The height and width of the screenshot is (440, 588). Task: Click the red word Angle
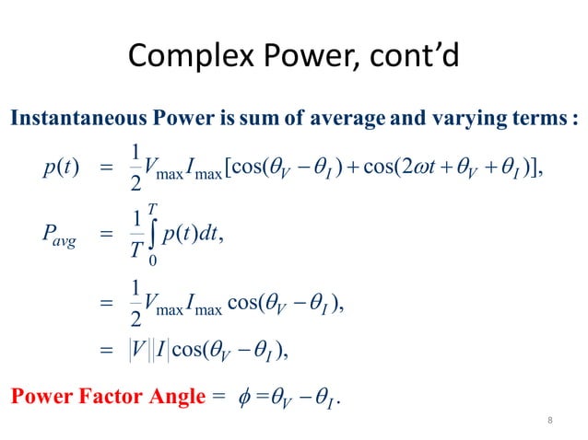[174, 399]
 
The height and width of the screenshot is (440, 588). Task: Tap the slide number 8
[549, 421]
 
